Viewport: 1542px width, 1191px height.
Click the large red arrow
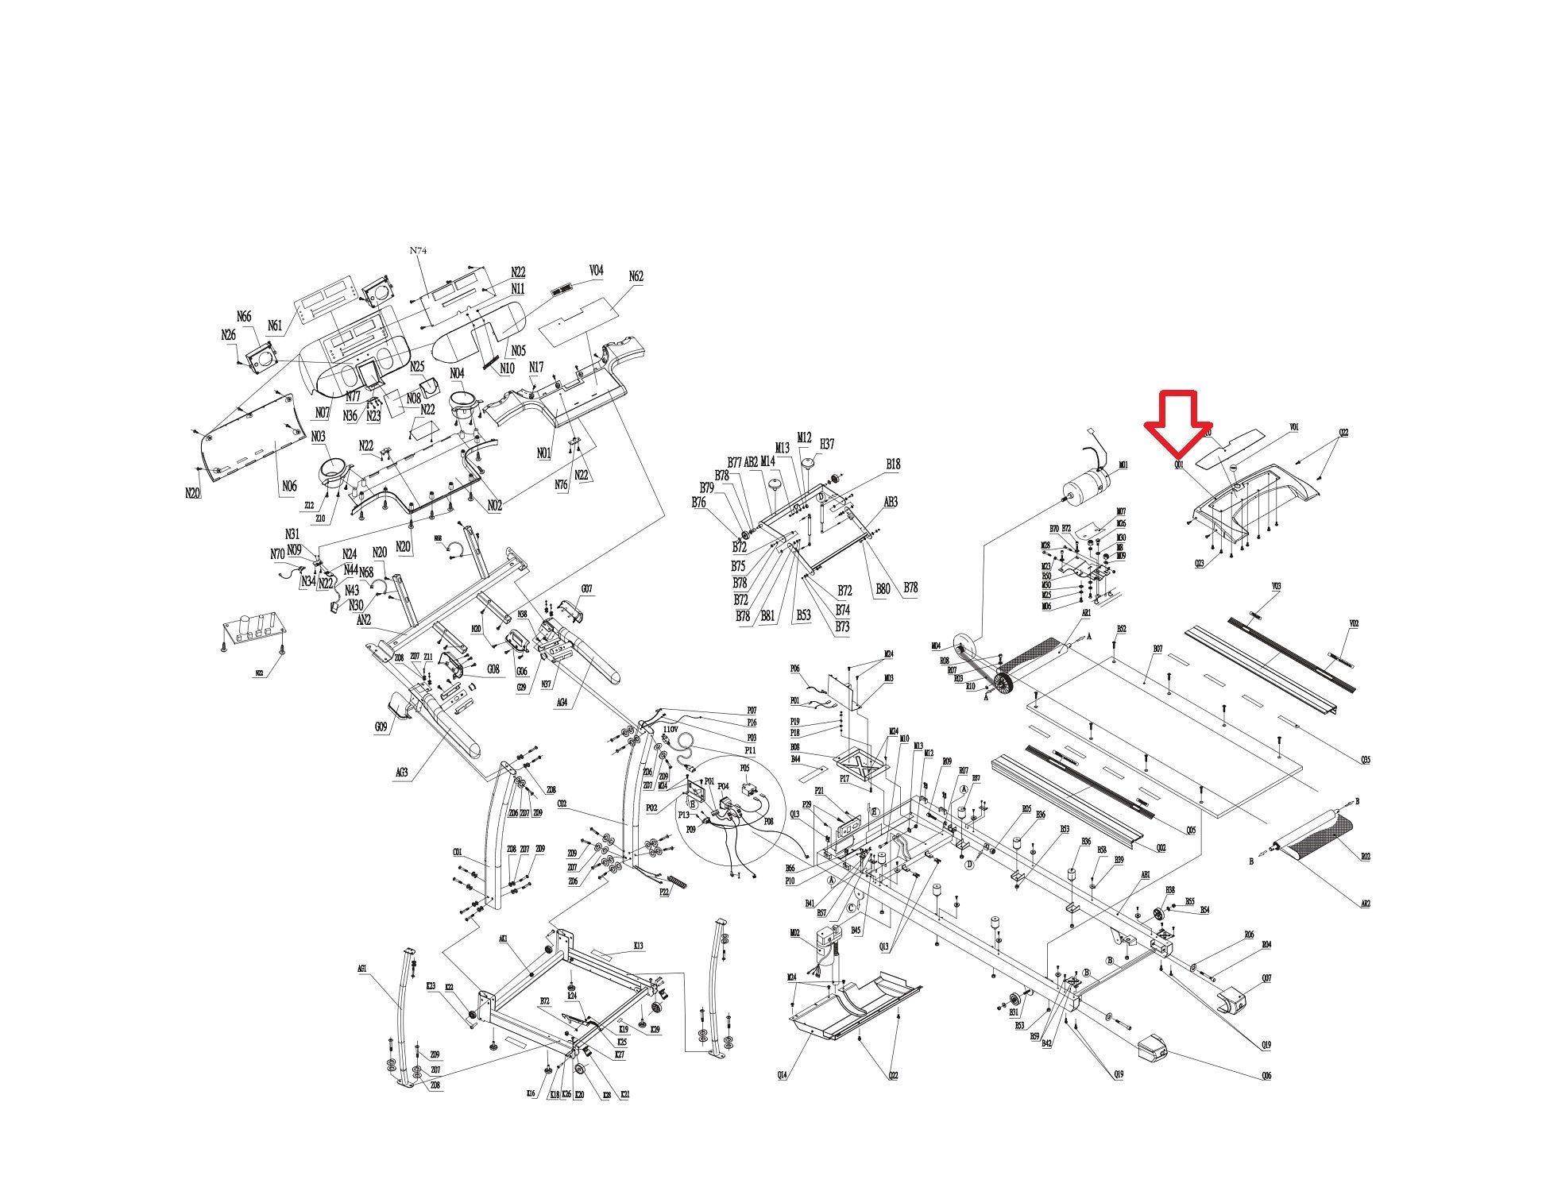(1178, 426)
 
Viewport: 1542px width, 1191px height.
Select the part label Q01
(1180, 464)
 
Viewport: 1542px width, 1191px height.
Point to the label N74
(419, 250)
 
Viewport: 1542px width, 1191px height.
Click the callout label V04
(596, 271)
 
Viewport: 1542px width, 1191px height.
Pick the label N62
(636, 276)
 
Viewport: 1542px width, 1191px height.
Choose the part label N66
(244, 317)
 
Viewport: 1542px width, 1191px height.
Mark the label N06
(289, 486)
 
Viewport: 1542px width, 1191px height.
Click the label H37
(827, 444)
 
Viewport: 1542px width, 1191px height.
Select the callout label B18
(893, 464)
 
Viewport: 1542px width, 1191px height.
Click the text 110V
(671, 729)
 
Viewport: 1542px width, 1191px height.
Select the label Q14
(783, 1074)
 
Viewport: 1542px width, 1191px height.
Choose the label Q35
(1366, 760)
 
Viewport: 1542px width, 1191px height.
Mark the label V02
(1354, 623)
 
